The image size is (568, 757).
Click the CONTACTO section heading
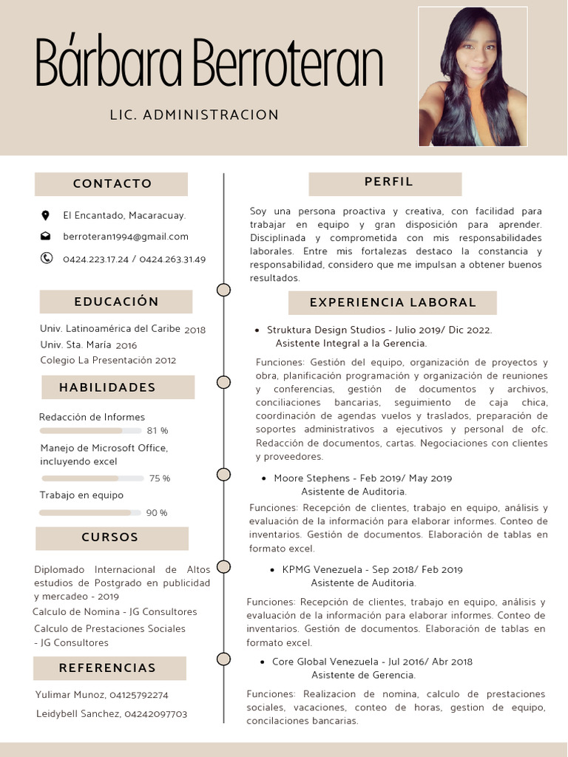pos(112,183)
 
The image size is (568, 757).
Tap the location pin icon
pos(46,215)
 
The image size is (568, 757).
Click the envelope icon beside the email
pos(46,237)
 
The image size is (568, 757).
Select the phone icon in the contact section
pos(47,258)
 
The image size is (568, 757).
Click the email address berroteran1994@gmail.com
pos(126,237)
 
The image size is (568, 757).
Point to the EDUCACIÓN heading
pos(116,302)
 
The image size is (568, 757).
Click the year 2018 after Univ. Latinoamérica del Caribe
pos(195,330)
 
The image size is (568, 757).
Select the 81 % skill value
pos(158,430)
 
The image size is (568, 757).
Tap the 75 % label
pos(160,478)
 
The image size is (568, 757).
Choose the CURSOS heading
pos(110,537)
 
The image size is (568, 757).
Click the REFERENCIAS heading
pos(108,668)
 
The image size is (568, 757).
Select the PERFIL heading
pos(388,182)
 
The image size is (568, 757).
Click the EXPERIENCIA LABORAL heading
pos(393,302)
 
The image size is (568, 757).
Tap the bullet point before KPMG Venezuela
pos(273,570)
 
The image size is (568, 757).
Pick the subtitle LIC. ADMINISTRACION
pos(195,115)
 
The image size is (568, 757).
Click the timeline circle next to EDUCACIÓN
pos(223,290)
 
